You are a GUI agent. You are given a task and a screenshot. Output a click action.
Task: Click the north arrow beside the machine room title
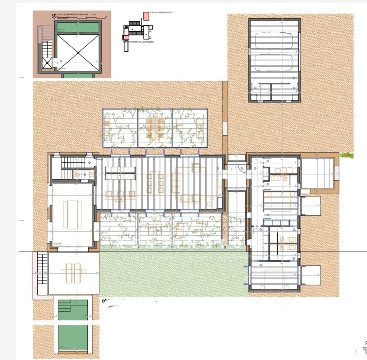(x=54, y=16)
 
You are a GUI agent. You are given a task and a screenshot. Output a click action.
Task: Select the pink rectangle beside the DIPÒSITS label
(x=146, y=16)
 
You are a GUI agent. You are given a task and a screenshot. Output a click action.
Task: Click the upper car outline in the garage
(x=274, y=41)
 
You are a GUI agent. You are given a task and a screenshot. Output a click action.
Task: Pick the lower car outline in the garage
(x=274, y=63)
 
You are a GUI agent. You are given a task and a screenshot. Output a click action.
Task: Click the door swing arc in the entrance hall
(x=241, y=168)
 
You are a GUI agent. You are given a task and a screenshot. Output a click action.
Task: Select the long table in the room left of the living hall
(x=72, y=214)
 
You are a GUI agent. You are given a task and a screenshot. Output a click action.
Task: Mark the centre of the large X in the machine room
(x=78, y=53)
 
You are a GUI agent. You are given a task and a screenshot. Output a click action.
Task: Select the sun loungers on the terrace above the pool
(x=73, y=273)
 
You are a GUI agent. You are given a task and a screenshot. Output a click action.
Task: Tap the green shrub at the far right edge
(x=346, y=156)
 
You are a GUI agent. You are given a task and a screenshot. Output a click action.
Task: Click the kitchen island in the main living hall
(x=121, y=173)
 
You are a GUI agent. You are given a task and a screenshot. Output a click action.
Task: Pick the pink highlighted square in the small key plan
(x=126, y=37)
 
